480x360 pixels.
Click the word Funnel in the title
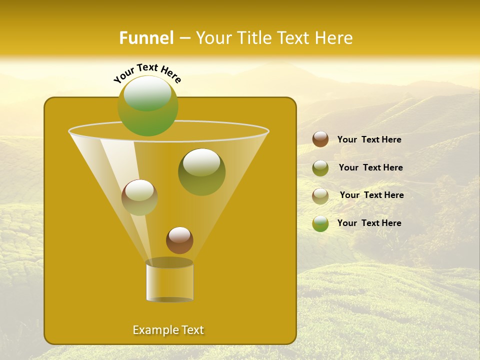coord(146,38)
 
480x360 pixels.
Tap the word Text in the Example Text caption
coord(190,330)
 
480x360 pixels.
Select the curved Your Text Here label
coord(147,73)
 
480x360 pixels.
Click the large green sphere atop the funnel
coord(148,106)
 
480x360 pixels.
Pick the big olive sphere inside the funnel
coord(201,172)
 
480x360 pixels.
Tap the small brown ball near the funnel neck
coord(179,240)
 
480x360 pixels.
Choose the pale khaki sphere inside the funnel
coord(139,197)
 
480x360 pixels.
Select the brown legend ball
coord(320,139)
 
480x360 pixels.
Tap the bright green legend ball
coord(320,223)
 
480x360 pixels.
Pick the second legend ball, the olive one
coord(320,168)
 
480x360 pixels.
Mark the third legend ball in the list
coord(320,196)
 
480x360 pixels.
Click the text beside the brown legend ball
coord(369,139)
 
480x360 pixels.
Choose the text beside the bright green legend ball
coord(369,223)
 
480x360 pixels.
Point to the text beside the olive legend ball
coord(370,167)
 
